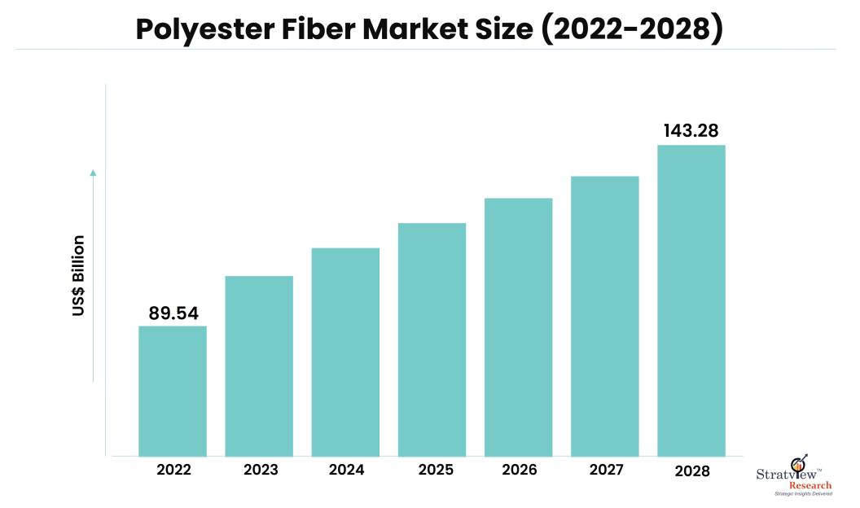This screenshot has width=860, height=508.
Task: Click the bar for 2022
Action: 173,391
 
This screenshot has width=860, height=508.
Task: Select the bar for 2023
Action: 259,366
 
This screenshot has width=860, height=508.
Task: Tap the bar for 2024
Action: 345,352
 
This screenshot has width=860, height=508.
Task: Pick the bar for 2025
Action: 432,339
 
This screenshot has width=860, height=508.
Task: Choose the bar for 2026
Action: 518,326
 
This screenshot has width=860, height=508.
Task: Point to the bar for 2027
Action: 604,316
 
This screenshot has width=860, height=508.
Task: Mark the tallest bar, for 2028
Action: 691,300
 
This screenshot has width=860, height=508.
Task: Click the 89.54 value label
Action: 173,313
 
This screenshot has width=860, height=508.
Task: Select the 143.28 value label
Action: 691,131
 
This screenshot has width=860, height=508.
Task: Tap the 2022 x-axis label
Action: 173,470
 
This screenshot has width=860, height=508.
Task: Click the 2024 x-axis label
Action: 345,470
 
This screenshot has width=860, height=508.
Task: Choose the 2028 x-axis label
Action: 691,471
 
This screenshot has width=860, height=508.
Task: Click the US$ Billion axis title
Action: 78,276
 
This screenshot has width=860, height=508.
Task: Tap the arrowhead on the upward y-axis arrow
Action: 93,173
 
